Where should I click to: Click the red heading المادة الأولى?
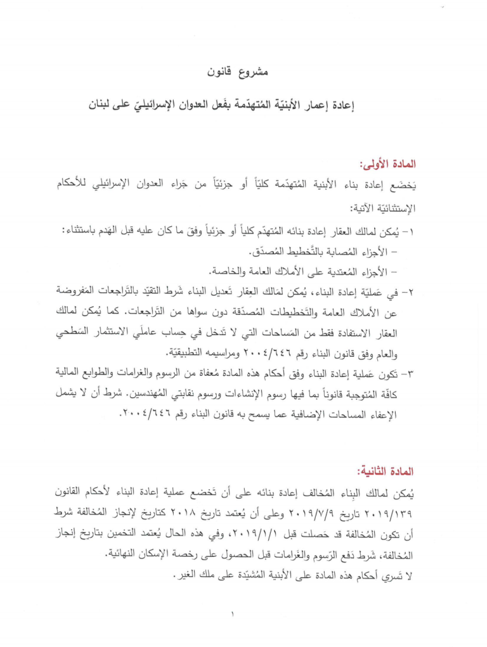[x=387, y=165]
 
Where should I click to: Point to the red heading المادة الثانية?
[x=386, y=472]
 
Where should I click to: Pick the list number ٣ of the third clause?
[x=410, y=371]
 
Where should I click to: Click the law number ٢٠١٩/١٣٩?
[x=391, y=511]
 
